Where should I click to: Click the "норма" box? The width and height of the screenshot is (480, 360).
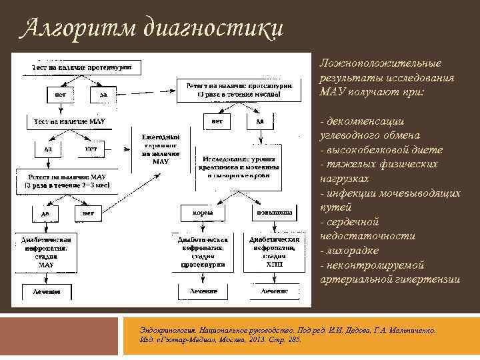[x=203, y=213]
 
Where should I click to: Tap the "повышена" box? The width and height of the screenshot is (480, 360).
[x=273, y=213]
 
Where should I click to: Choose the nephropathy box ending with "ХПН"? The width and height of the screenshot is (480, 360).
[x=273, y=251]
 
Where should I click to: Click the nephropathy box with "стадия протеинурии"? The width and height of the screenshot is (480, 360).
[x=203, y=251]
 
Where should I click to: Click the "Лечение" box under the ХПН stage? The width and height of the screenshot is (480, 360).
[x=273, y=292]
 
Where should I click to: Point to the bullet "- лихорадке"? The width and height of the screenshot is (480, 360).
[x=350, y=251]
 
